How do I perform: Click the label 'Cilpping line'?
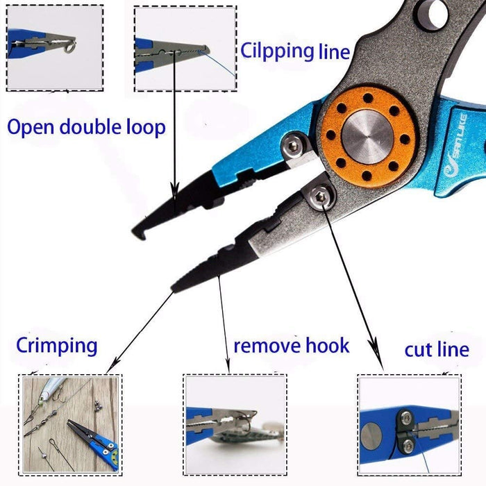[295, 52]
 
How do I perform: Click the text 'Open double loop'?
[86, 127]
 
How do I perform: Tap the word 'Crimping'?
[57, 345]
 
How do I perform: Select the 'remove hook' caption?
[291, 345]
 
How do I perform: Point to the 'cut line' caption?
[437, 349]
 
